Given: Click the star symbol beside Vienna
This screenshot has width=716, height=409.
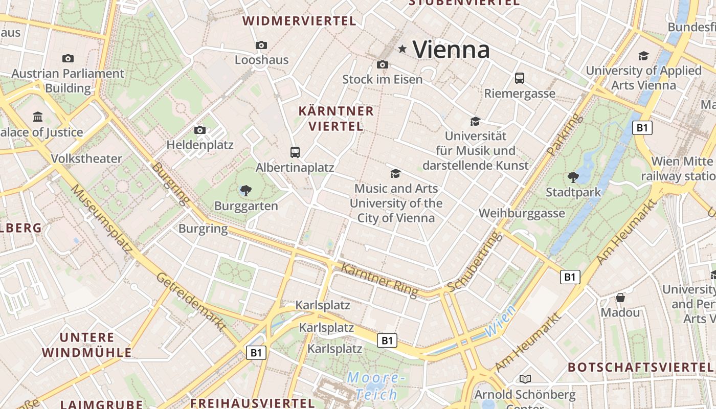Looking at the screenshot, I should coord(402,49).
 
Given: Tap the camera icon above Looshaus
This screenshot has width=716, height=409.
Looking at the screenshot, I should coord(261,46).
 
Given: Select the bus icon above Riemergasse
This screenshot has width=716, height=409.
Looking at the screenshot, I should coord(520,78).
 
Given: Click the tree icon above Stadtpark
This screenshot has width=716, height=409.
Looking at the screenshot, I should coord(573,177).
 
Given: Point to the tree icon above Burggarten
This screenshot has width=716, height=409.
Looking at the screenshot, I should coord(246,191).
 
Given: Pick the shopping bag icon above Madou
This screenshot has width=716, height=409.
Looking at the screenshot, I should coord(620,297).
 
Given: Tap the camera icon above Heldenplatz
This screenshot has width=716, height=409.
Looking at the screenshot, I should coord(200,130).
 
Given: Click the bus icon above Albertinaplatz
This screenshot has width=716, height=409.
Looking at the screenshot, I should coord(295,152).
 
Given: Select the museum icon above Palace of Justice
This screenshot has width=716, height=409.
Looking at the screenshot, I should coord(38,117).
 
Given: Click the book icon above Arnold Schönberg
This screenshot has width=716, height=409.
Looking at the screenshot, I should coord(525,379).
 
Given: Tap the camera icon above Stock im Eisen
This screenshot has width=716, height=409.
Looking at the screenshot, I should coord(382,64).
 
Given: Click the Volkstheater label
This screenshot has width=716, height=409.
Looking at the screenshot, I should coord(86,158).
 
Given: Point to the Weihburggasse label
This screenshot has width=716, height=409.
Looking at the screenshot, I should coord(522,213).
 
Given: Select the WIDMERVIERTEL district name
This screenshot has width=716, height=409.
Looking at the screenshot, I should coord(299,21).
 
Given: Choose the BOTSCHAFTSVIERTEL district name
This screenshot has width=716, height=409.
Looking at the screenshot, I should coord(640,367).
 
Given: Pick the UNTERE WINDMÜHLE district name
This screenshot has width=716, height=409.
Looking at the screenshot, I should coord(87,345).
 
